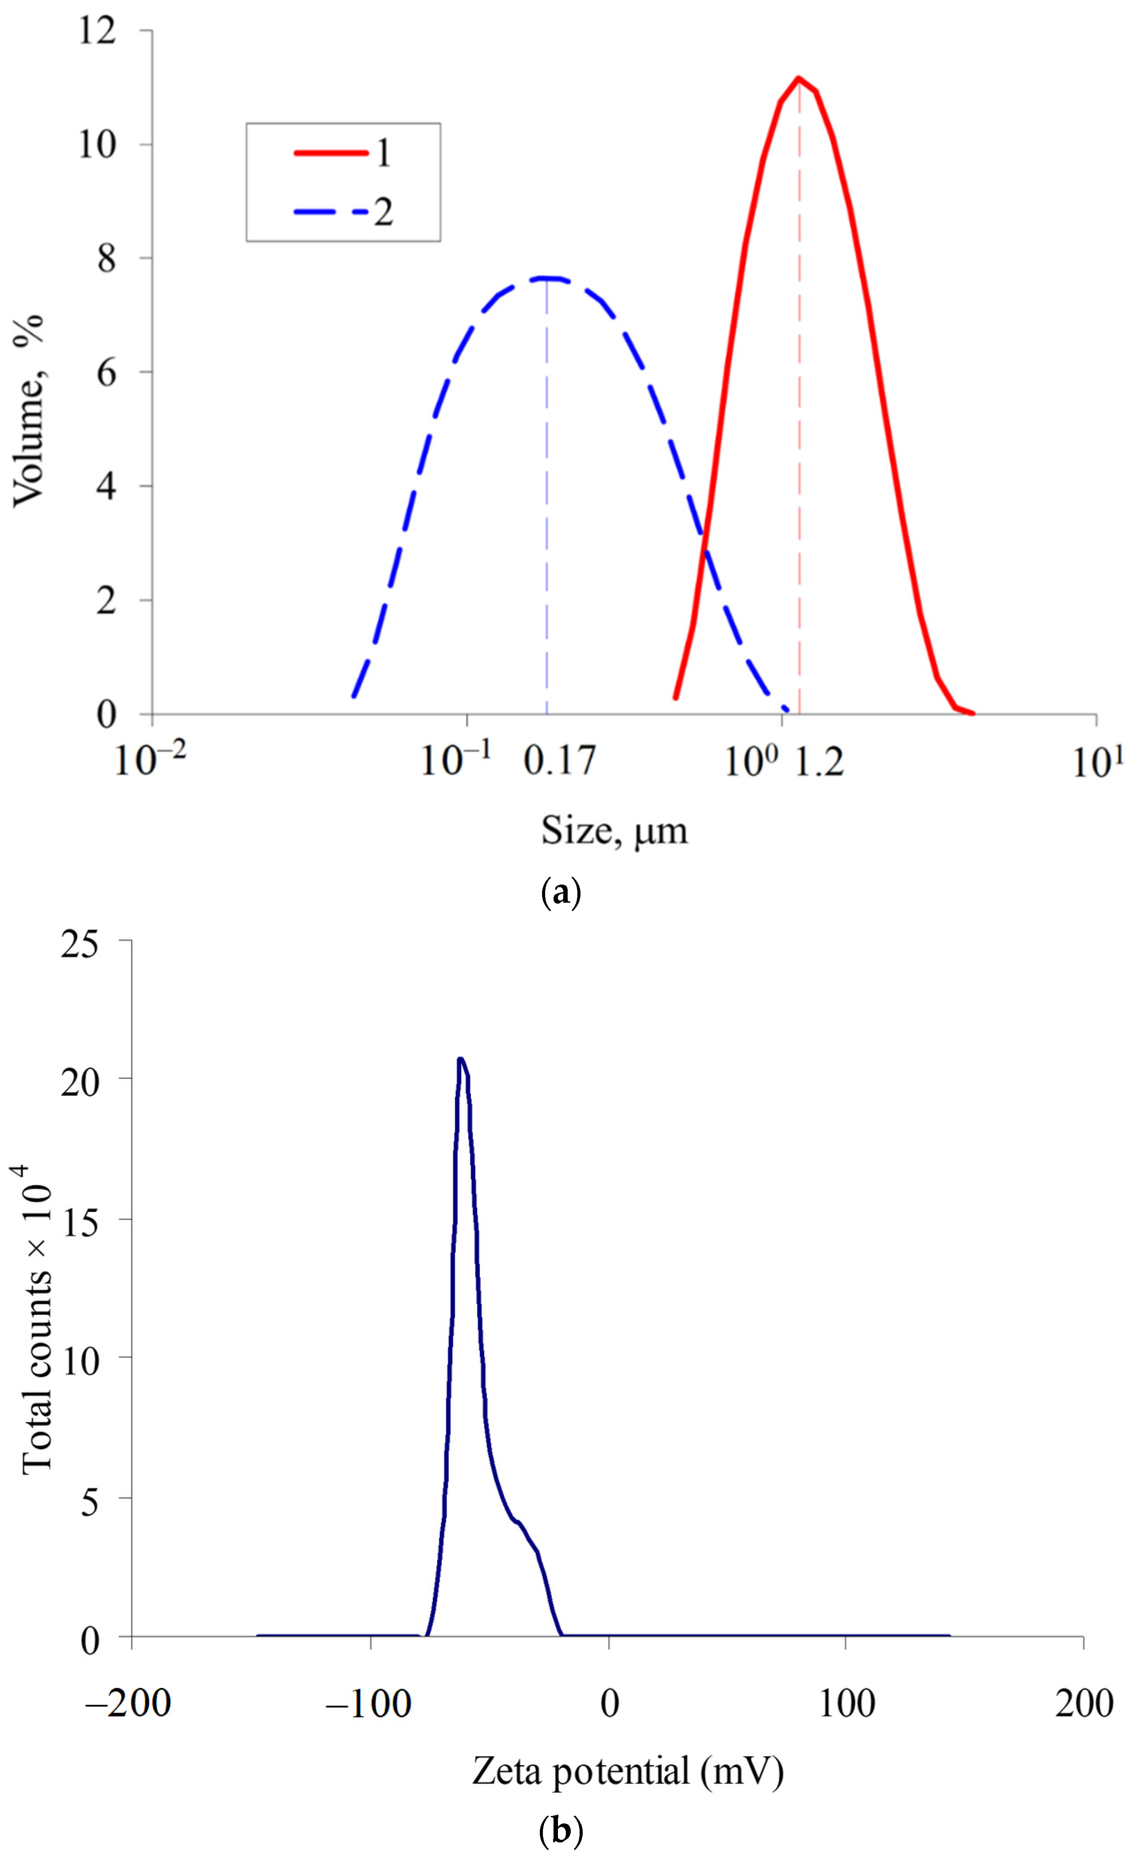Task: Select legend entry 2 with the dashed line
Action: tap(343, 212)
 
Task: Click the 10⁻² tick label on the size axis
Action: tap(149, 759)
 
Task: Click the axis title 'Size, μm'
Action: tap(614, 832)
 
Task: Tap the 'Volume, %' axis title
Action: tap(29, 410)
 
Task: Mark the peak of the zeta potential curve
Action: tap(460, 1059)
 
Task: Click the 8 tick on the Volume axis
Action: tap(106, 259)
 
